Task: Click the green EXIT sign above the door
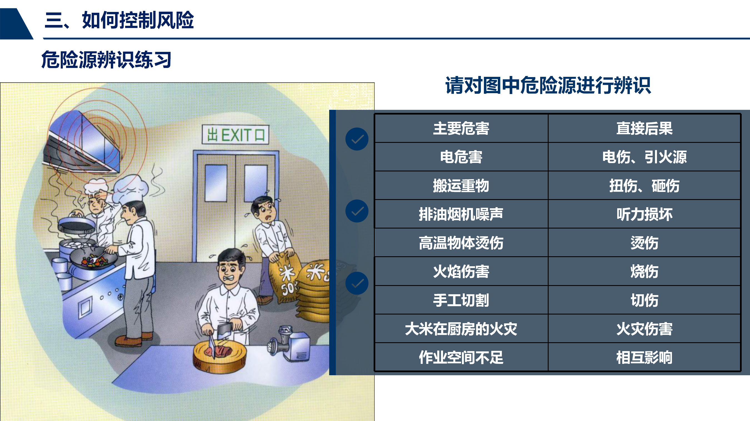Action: (x=236, y=135)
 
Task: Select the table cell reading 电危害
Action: (x=461, y=157)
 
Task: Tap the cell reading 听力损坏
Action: (x=644, y=214)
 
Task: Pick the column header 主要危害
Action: (x=461, y=128)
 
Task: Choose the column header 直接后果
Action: (x=644, y=128)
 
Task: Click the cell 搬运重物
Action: (x=461, y=186)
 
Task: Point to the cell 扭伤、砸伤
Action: (x=644, y=186)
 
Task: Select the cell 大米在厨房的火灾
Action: (x=461, y=329)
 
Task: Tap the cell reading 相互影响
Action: (x=644, y=357)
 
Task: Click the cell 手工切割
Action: (x=461, y=300)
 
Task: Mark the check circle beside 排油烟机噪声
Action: (x=357, y=211)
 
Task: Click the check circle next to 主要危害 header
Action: (x=357, y=139)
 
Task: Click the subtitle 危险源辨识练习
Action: (x=106, y=60)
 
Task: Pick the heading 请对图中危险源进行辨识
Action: (x=548, y=85)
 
